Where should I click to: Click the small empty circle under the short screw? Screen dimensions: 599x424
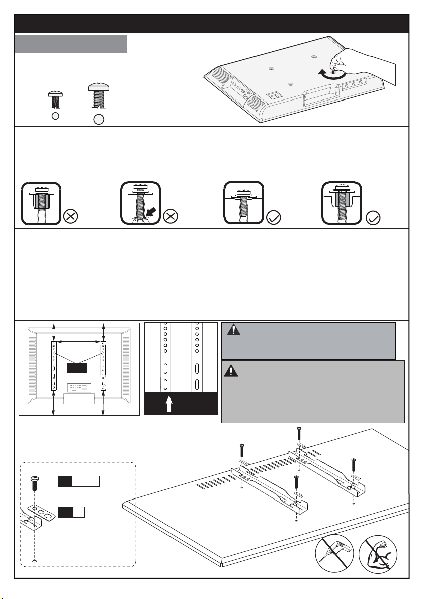55,116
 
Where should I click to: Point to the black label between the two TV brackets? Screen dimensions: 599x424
77,368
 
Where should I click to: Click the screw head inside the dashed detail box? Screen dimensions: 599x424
34,479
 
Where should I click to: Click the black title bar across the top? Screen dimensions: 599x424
212,24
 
